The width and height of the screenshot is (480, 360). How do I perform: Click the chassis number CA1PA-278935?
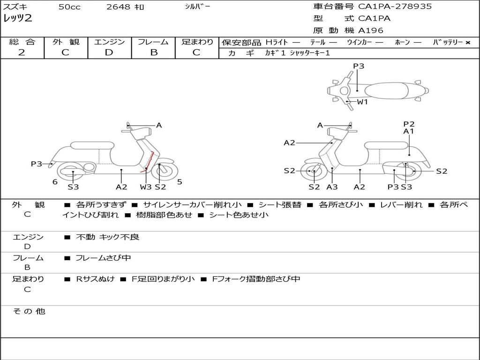pos(395,7)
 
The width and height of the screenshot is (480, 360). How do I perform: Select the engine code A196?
pos(371,30)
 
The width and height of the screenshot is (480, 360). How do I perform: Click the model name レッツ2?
pos(17,19)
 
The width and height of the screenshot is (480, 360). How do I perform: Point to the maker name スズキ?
pos(15,7)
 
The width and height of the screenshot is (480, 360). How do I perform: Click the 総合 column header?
pos(22,42)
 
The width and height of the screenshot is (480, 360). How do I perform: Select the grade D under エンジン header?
pos(109,52)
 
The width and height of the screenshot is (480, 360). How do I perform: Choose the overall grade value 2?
pos(22,52)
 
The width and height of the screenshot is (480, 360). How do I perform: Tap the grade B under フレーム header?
pos(154,52)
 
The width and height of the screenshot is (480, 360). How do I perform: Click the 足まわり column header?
pos(197,42)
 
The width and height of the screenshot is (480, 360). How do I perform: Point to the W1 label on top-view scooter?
pos(362,101)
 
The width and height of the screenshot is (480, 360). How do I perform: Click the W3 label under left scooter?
pos(146,187)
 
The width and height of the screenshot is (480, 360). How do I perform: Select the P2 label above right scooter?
pos(409,124)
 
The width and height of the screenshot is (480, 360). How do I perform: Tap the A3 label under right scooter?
pos(332,187)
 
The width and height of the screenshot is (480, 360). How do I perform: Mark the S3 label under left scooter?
pos(73,187)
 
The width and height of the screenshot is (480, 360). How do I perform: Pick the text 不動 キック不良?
pos(107,237)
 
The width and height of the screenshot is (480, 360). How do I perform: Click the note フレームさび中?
pos(103,258)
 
